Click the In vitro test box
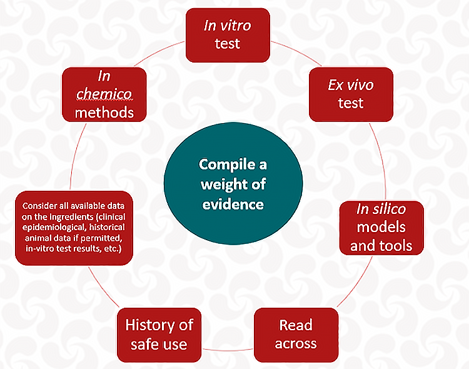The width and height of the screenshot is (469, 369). pyautogui.click(x=228, y=35)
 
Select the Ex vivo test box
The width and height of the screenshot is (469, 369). pyautogui.click(x=351, y=94)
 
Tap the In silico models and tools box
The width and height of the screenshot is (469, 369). pyautogui.click(x=381, y=226)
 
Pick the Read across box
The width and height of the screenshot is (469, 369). pyautogui.click(x=296, y=335)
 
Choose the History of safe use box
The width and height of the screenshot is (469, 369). pyautogui.click(x=159, y=335)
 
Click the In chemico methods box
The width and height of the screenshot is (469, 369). pyautogui.click(x=104, y=94)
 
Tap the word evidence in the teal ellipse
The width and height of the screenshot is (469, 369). pyautogui.click(x=232, y=204)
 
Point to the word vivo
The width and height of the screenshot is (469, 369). pyautogui.click(x=360, y=85)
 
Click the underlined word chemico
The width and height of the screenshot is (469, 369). pyautogui.click(x=104, y=94)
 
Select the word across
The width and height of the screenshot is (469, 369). pyautogui.click(x=296, y=343)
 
